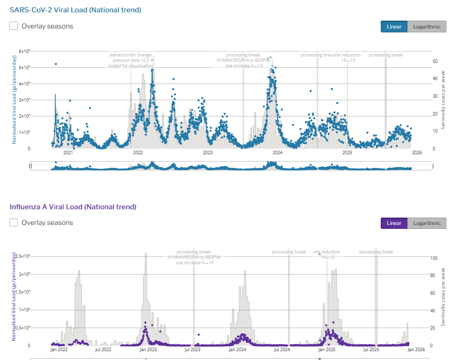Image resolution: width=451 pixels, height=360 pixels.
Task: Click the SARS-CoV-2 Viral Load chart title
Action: (x=75, y=10)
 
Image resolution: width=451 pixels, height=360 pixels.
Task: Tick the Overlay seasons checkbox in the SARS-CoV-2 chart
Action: (x=14, y=26)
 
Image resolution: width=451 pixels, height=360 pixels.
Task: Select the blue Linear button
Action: (x=394, y=27)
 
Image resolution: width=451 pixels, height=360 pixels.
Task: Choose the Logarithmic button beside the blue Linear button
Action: (x=426, y=27)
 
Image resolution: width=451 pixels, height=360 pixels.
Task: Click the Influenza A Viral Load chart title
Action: (x=73, y=207)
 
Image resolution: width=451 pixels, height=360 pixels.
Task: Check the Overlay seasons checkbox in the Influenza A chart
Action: (x=14, y=222)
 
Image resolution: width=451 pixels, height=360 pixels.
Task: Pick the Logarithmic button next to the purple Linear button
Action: (x=426, y=223)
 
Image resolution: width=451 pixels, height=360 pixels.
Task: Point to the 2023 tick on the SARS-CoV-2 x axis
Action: (x=208, y=153)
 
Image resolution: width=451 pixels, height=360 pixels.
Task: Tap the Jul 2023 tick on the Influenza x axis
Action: (x=192, y=350)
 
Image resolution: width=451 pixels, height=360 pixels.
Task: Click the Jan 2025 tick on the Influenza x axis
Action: (x=327, y=350)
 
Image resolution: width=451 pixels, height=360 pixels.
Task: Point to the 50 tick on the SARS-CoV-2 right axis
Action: (x=435, y=61)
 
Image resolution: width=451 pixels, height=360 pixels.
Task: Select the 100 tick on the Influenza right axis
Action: (x=434, y=258)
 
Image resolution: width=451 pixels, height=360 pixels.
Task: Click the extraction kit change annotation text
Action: (x=131, y=55)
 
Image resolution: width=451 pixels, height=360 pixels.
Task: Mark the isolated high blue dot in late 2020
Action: (x=56, y=64)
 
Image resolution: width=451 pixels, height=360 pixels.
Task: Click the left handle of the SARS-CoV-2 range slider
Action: (x=31, y=166)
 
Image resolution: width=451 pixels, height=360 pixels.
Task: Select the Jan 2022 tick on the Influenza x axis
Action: (x=59, y=350)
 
